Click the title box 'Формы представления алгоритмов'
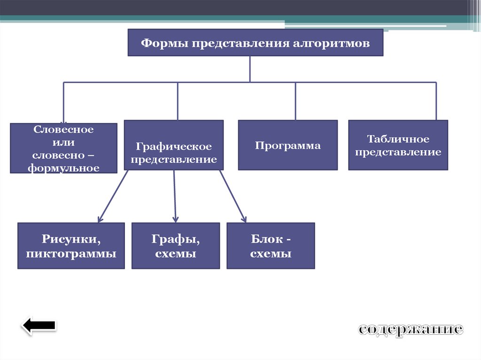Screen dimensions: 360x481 click(x=256, y=43)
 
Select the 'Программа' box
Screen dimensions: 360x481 click(x=287, y=145)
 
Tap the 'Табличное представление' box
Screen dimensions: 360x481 click(x=398, y=145)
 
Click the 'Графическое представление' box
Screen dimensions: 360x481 click(x=173, y=145)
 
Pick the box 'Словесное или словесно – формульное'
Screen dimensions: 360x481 click(x=63, y=148)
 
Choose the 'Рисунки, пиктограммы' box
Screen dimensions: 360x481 click(x=71, y=246)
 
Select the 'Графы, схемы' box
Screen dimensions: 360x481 click(x=175, y=246)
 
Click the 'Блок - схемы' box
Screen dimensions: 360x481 click(x=271, y=246)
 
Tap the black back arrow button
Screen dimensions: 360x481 click(x=39, y=326)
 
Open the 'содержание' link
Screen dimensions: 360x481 click(x=411, y=329)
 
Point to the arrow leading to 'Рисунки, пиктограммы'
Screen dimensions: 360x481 click(x=113, y=196)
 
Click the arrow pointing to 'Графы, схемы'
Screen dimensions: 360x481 click(x=175, y=196)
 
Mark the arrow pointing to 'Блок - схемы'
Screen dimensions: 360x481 click(x=233, y=196)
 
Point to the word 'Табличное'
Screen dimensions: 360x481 click(x=398, y=139)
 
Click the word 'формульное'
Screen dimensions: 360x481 click(x=63, y=167)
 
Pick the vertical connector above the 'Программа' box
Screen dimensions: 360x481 click(x=295, y=101)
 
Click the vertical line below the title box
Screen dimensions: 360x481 click(x=250, y=69)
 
